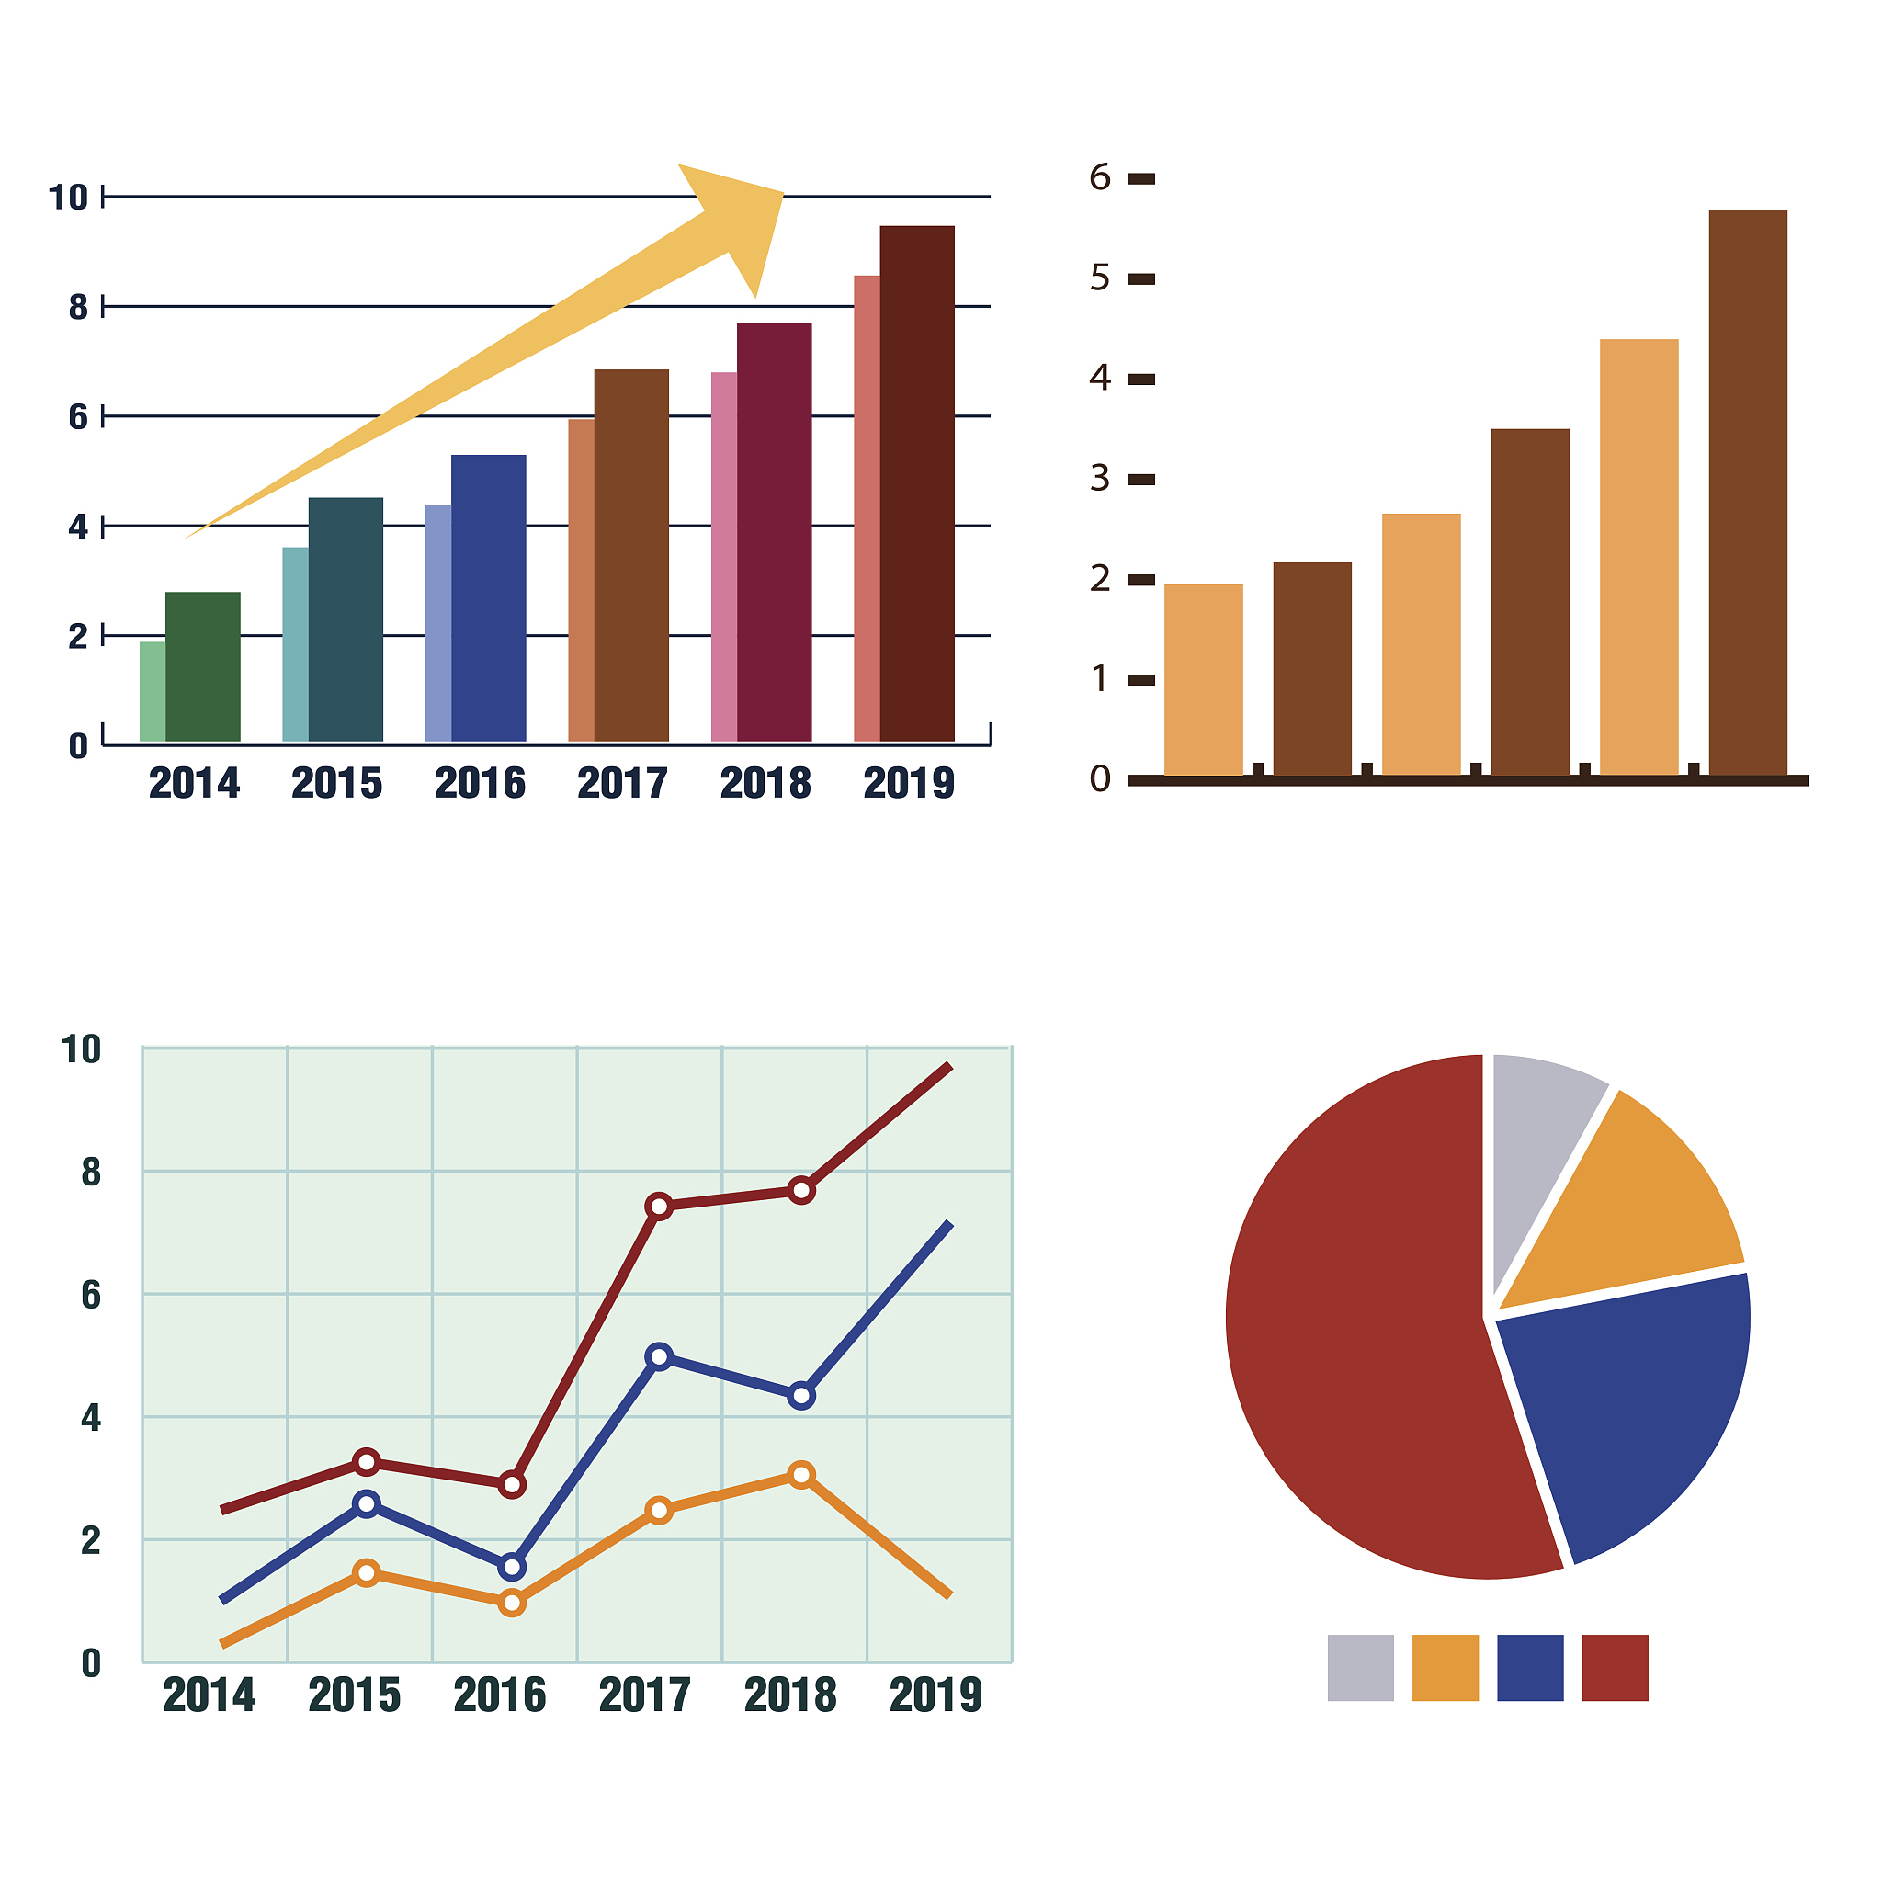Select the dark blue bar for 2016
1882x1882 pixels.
click(x=488, y=598)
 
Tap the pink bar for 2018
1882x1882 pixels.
click(x=724, y=556)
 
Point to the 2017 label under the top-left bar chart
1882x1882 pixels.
click(x=622, y=784)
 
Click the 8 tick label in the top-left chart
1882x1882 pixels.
click(x=78, y=308)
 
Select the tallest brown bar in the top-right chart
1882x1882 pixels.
click(x=1748, y=492)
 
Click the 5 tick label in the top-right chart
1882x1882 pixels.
click(x=1100, y=278)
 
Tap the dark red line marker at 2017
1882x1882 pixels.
click(x=660, y=1207)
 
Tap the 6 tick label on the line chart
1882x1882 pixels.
click(x=91, y=1295)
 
